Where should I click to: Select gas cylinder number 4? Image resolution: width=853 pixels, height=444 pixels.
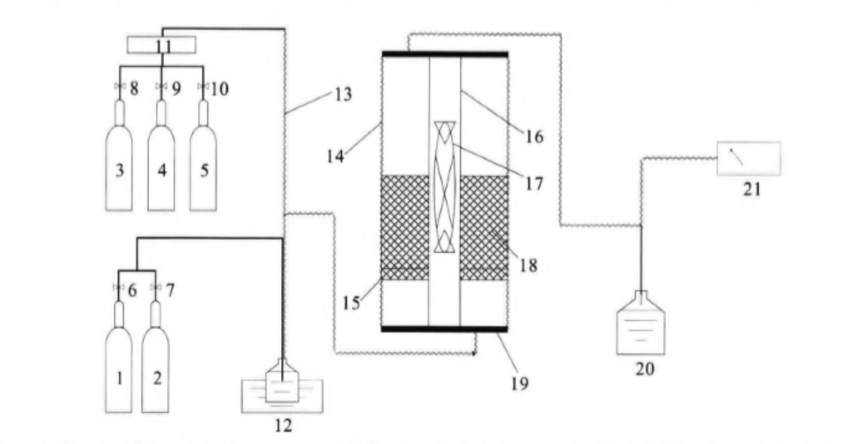[161, 165]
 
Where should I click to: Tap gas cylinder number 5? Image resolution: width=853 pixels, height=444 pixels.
[203, 165]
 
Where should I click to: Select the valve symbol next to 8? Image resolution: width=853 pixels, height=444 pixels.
[119, 85]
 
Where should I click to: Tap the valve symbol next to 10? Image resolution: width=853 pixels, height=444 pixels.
[203, 85]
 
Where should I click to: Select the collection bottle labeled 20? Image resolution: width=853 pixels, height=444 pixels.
[641, 327]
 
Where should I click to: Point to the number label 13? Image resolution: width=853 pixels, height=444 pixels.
[343, 94]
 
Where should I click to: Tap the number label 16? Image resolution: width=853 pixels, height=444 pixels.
[535, 136]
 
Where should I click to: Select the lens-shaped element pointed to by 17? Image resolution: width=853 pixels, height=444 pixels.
[445, 186]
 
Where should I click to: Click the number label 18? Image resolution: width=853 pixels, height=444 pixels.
[527, 266]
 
